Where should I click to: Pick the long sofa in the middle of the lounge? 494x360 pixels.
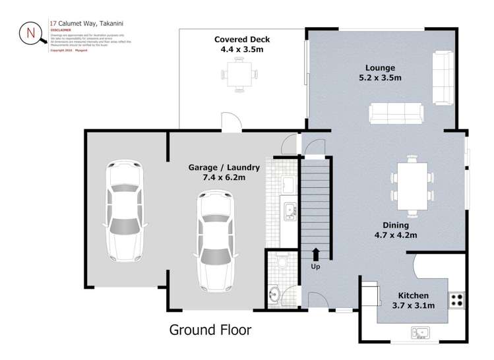(396, 113)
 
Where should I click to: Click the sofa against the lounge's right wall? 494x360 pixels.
(443, 77)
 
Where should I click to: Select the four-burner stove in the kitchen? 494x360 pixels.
(456, 301)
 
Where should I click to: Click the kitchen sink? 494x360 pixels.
(419, 333)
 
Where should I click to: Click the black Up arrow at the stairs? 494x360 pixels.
(316, 253)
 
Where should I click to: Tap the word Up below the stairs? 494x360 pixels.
(316, 266)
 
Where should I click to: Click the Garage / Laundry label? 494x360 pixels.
(224, 172)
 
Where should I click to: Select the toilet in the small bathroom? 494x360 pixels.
(282, 262)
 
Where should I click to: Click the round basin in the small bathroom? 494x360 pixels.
(276, 293)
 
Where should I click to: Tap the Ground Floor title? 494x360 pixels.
(210, 328)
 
